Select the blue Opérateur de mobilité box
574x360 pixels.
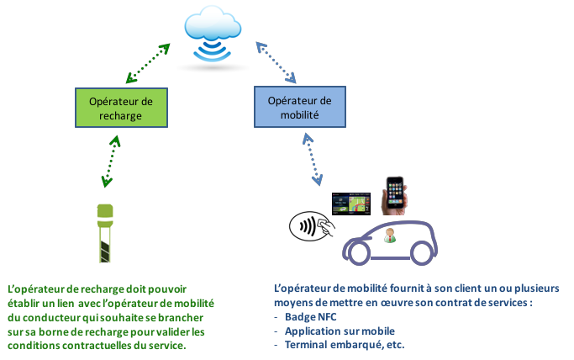(300, 109)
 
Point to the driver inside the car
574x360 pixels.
(389, 236)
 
